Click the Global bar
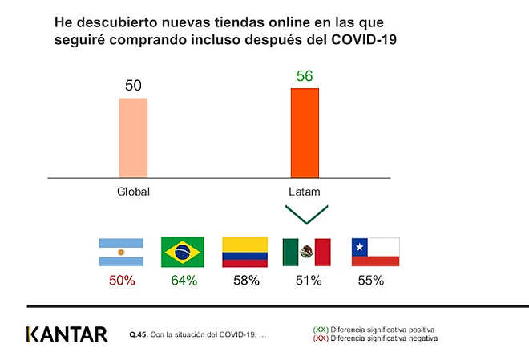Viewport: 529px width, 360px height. (133, 137)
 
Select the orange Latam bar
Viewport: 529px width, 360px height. (305, 132)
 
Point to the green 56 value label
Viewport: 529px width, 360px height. (305, 76)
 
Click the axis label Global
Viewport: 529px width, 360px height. (133, 192)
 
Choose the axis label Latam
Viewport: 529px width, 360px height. (305, 192)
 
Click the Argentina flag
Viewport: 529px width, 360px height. (120, 252)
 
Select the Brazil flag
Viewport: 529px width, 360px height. (183, 252)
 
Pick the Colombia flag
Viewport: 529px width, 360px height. (245, 252)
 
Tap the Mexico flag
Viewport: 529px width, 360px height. (306, 252)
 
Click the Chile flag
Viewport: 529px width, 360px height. (376, 252)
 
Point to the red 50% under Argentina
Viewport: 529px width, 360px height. (120, 281)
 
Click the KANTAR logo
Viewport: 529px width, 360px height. (67, 334)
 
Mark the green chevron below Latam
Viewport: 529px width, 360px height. (305, 214)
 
